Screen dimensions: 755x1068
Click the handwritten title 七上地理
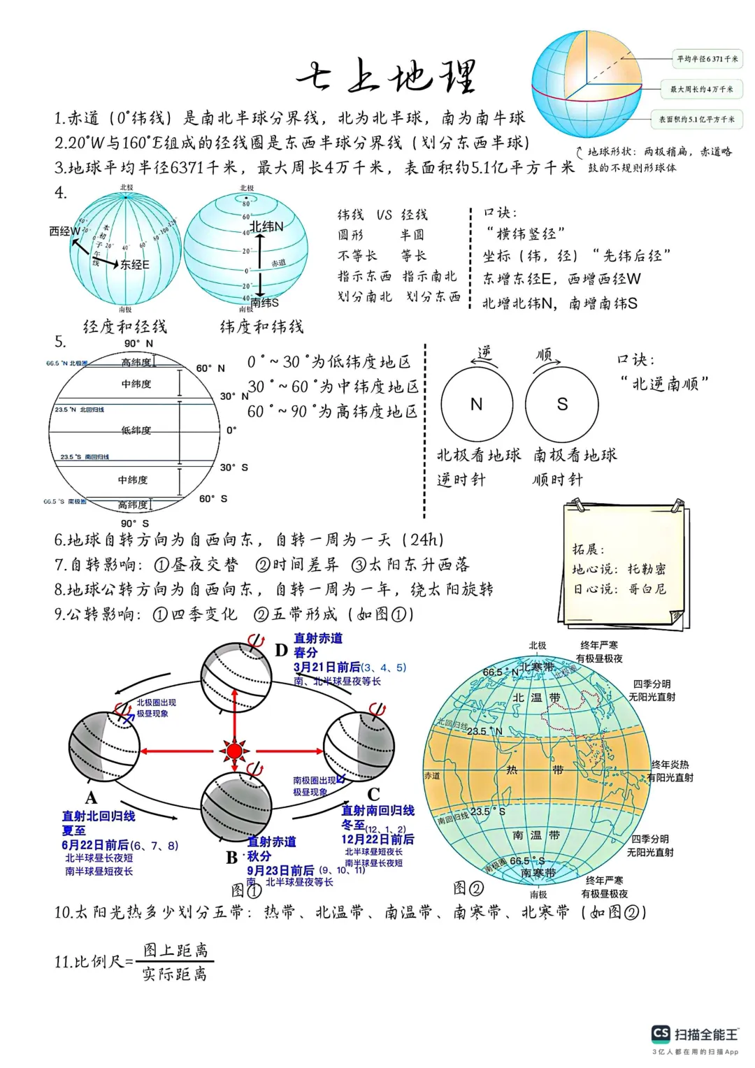point(386,75)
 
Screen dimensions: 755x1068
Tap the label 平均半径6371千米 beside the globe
point(707,59)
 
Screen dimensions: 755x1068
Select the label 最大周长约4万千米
point(701,89)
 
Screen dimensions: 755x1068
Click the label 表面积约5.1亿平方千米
point(696,120)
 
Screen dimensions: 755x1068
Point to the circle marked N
point(477,405)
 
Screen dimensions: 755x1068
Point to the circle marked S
point(562,405)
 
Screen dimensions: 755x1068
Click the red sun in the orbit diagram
point(234,751)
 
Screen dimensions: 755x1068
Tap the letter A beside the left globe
point(92,798)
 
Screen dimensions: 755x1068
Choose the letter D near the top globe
point(281,650)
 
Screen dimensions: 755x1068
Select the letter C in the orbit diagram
point(374,794)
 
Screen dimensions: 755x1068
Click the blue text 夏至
point(73,830)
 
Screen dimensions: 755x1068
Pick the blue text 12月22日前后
point(377,839)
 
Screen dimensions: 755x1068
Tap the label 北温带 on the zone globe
point(536,698)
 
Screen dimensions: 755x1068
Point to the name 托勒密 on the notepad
point(647,569)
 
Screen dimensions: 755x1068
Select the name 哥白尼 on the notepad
point(647,589)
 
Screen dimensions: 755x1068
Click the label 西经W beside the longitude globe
point(64,231)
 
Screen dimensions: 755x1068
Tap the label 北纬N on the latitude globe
point(267,226)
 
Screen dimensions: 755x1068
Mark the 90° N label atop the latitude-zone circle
point(138,343)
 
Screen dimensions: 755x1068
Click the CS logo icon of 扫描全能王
point(661,1034)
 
